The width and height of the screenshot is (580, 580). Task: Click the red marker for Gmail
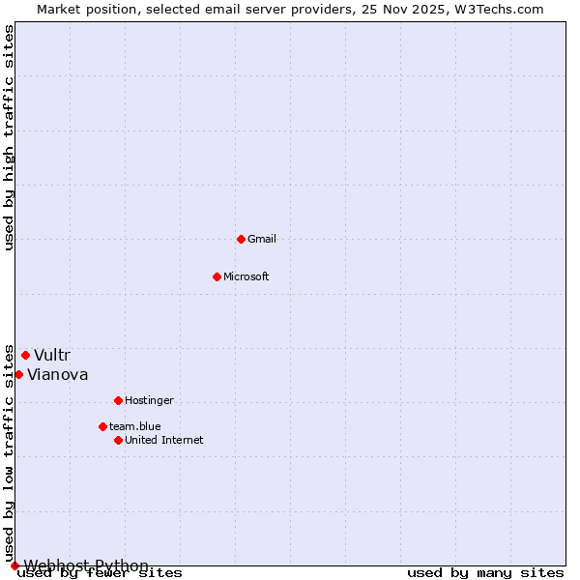pos(241,239)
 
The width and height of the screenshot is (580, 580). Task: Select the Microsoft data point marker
pos(217,276)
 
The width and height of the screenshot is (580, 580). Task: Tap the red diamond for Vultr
pos(25,355)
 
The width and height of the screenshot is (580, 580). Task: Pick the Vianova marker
pos(18,374)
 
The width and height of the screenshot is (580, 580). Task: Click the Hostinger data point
pos(118,400)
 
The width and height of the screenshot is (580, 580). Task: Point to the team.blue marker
pos(102,426)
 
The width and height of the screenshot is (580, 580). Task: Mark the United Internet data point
pos(118,440)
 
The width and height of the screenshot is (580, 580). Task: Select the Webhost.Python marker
pos(14,565)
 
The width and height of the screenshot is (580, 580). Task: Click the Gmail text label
pos(262,239)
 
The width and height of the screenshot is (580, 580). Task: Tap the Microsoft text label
pos(246,276)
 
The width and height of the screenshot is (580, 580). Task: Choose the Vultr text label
pos(52,355)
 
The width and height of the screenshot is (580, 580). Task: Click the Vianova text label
pos(58,374)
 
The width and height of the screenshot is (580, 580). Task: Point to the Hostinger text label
pos(149,400)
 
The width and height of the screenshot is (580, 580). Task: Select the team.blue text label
pos(135,426)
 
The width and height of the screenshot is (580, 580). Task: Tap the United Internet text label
pos(164,440)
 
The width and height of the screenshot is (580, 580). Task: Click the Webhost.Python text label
pos(86,565)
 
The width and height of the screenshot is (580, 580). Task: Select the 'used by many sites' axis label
pos(485,573)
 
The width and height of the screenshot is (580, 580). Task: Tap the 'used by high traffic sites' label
pos(9,137)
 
